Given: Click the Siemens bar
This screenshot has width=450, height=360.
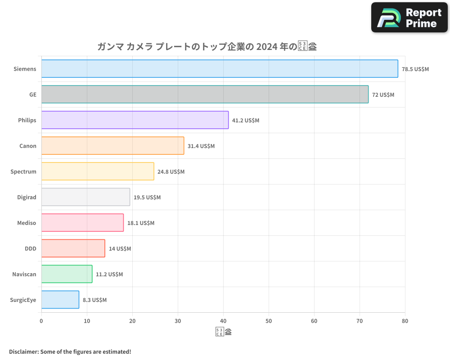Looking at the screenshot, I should tap(220, 69).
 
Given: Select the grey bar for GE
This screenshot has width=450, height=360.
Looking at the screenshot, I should tap(205, 94).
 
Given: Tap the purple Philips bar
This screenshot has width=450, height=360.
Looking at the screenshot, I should tap(135, 120).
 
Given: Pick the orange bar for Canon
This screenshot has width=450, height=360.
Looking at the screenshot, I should tap(112, 146).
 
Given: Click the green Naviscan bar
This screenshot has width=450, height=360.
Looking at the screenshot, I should tap(67, 274).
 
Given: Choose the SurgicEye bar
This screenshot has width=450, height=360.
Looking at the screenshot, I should tap(60, 300).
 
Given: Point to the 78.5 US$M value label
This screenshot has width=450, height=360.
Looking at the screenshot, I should tap(415, 69).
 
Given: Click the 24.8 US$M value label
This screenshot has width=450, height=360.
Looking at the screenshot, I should tap(171, 172).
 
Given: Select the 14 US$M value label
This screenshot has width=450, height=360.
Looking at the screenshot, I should tap(120, 249).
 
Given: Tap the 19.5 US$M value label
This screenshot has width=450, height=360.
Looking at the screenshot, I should tap(147, 198).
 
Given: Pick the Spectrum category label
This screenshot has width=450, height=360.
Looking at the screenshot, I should tap(23, 171).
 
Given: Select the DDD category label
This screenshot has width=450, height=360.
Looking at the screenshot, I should tap(31, 248).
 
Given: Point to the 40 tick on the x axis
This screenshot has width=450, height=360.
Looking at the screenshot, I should tap(223, 321).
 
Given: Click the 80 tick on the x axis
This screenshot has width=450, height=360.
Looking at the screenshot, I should tap(405, 321).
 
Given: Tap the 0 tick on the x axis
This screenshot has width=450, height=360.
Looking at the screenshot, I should tap(41, 321).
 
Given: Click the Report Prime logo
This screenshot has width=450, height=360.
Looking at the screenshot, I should tap(409, 18).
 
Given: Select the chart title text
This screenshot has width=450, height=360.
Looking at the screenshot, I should tap(207, 47).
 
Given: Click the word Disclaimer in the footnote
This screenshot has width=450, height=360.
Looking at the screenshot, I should tap(23, 351).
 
